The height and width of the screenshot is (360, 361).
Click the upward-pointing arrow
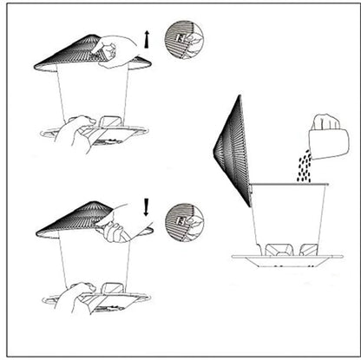[148, 38]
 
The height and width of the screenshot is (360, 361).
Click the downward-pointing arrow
[147, 206]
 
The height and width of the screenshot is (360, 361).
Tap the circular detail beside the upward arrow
[183, 39]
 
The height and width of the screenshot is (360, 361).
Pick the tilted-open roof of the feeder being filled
[232, 152]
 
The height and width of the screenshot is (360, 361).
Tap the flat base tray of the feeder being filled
[286, 259]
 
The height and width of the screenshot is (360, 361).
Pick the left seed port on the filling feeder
[277, 250]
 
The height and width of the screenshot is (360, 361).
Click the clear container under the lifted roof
[93, 95]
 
